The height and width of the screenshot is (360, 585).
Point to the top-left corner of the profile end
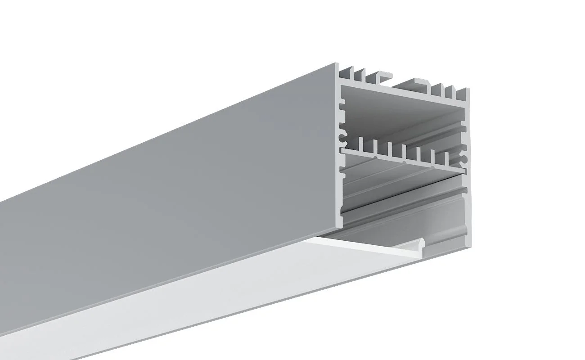coord(337,64)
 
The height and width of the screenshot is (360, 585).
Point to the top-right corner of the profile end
coord(469,88)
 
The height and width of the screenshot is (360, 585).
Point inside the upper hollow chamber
coord(400,117)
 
